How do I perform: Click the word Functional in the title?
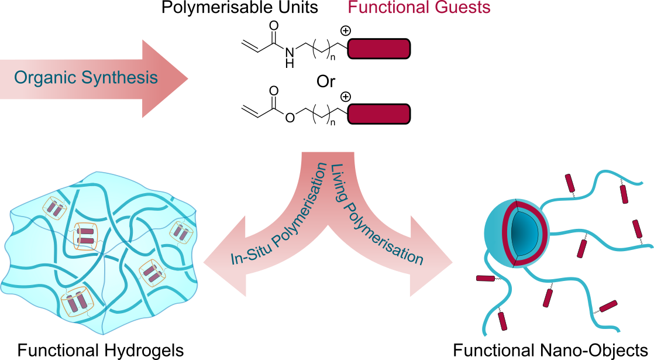388,8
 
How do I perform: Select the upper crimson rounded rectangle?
378,49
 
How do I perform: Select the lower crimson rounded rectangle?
378,114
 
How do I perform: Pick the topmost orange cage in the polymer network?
56,208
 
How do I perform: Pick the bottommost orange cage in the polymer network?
77,303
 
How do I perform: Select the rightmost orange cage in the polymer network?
181,232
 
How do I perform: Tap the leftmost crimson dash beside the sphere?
485,279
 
